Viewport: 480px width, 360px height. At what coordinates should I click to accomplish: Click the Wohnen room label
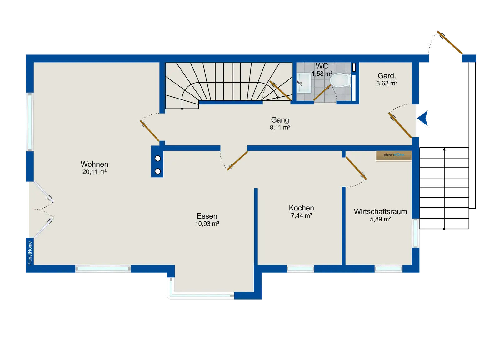(x=94, y=164)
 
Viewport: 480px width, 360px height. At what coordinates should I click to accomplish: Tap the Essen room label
(x=207, y=216)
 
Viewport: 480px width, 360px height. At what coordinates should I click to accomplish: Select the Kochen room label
(x=301, y=208)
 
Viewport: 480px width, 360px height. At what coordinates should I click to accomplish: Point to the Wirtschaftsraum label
(x=380, y=211)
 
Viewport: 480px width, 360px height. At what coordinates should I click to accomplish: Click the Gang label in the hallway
(x=280, y=120)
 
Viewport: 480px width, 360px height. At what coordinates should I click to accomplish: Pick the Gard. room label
(x=387, y=76)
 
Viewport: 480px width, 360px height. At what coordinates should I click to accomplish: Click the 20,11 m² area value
(x=94, y=172)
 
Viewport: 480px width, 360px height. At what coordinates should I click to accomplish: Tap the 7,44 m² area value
(x=301, y=215)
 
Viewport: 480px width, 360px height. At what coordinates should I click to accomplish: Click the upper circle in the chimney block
(x=158, y=159)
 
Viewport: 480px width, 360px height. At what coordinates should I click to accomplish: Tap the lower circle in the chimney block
(x=158, y=171)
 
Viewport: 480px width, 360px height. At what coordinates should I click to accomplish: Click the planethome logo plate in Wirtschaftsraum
(x=393, y=156)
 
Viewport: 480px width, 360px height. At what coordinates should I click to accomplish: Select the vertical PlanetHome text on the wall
(x=30, y=253)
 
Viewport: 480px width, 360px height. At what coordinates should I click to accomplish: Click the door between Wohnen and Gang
(x=150, y=131)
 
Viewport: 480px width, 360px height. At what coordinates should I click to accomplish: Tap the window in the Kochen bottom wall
(x=300, y=269)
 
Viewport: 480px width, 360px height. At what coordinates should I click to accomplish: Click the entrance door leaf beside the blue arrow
(x=400, y=125)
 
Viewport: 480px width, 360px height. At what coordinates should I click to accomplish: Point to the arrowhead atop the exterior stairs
(x=444, y=149)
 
